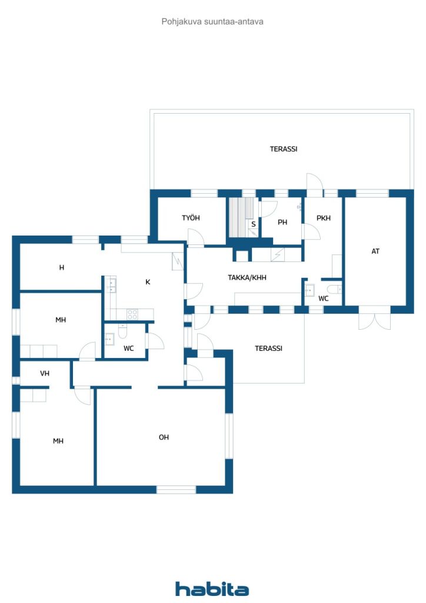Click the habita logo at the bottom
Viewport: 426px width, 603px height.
(x=212, y=588)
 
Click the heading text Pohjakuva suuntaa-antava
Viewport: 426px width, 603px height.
(x=212, y=22)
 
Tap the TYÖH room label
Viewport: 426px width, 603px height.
(x=191, y=218)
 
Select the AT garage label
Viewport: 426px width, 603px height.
(x=375, y=251)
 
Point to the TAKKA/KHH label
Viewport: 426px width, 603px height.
(x=247, y=277)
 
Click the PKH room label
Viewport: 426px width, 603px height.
(x=324, y=218)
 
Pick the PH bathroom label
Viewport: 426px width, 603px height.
(x=282, y=222)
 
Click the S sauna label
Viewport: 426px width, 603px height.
(x=254, y=224)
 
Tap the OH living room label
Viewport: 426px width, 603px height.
(x=164, y=437)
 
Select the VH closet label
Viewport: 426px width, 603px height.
(x=45, y=373)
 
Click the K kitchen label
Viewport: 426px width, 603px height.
(x=148, y=282)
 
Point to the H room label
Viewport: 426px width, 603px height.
(x=61, y=267)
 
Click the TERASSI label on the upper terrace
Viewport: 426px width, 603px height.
(x=284, y=149)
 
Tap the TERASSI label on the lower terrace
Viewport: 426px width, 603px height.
(x=268, y=348)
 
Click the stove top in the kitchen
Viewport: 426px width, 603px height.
(x=132, y=314)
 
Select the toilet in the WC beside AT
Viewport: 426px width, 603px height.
(x=334, y=289)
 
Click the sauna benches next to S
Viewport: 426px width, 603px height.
(x=242, y=217)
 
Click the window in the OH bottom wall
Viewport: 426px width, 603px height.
(x=177, y=489)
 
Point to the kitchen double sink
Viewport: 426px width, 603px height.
(x=111, y=284)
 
